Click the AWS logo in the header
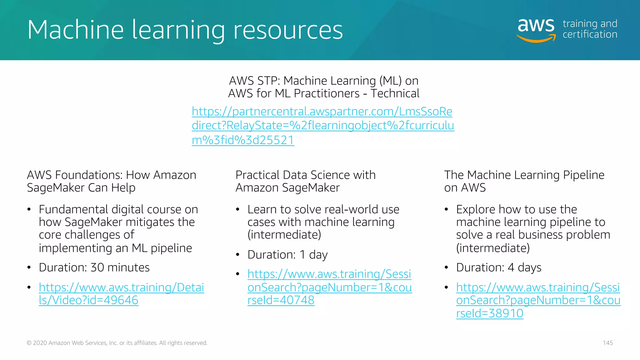pyautogui.click(x=536, y=29)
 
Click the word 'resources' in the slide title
pyautogui.click(x=288, y=30)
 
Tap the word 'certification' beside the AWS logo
pyautogui.click(x=590, y=34)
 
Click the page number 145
pyautogui.click(x=608, y=343)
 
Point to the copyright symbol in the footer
pyautogui.click(x=29, y=343)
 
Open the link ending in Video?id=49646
pyautogui.click(x=121, y=294)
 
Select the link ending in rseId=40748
pyautogui.click(x=329, y=287)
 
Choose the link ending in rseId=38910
pyautogui.click(x=538, y=300)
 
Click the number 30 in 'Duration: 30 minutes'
pyautogui.click(x=97, y=268)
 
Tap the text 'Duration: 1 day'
pyautogui.click(x=287, y=255)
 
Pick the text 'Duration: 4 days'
pyautogui.click(x=498, y=268)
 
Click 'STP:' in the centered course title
pyautogui.click(x=268, y=81)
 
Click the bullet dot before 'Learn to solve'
pyautogui.click(x=238, y=209)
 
